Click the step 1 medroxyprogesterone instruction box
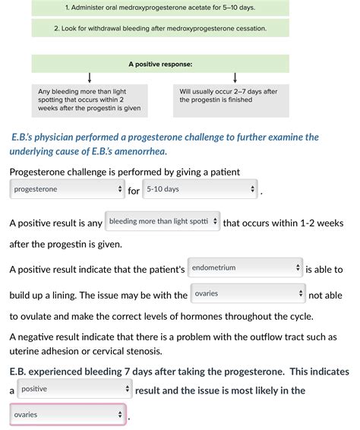pyautogui.click(x=160, y=7)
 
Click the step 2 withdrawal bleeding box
pyautogui.click(x=160, y=28)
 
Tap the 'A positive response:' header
pyautogui.click(x=160, y=63)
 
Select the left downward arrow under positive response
pyautogui.click(x=90, y=78)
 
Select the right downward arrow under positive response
pyautogui.click(x=235, y=78)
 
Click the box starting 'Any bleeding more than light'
pyautogui.click(x=90, y=100)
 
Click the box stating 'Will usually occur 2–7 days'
pyautogui.click(x=231, y=100)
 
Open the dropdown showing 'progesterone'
pyautogui.click(x=67, y=189)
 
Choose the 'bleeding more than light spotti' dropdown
pyautogui.click(x=163, y=222)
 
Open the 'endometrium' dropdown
pyautogui.click(x=245, y=268)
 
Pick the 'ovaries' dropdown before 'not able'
pyautogui.click(x=248, y=294)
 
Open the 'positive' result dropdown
pyautogui.click(x=74, y=389)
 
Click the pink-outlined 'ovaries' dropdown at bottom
pyautogui.click(x=67, y=415)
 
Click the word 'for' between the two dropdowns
pyautogui.click(x=134, y=191)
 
